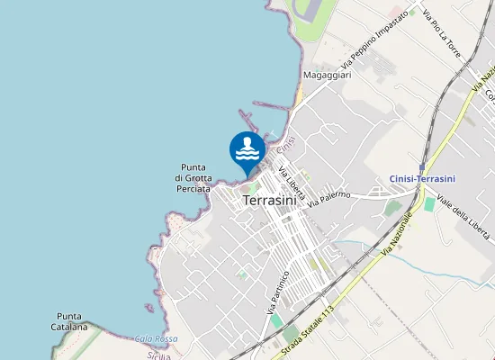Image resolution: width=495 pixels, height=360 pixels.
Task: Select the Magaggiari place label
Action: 327,76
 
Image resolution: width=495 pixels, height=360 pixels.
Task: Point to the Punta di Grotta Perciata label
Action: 193,178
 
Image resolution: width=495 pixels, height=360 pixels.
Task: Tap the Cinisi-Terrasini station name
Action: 422,178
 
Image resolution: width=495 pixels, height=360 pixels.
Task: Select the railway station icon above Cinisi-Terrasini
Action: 422,166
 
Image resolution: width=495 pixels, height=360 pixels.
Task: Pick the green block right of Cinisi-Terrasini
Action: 429,204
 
